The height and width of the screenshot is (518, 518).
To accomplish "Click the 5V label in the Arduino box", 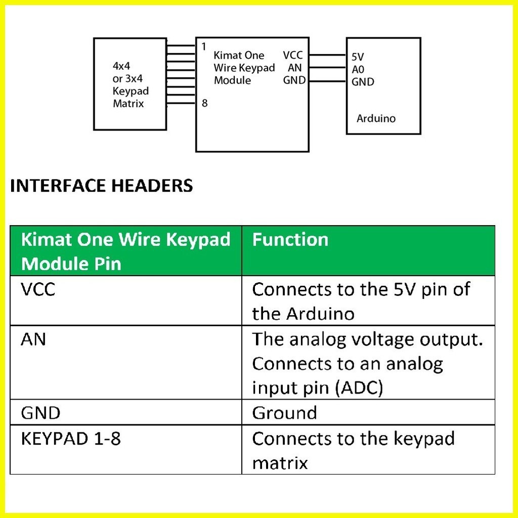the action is pos(358,57).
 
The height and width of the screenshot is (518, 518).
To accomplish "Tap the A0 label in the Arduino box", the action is pos(358,69).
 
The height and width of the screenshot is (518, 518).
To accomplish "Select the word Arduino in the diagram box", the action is pos(376,118).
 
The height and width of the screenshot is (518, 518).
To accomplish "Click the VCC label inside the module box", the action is pos(293,55).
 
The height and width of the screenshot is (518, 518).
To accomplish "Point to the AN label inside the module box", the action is pos(295,68).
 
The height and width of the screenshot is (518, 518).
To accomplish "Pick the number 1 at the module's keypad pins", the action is pos(204,47).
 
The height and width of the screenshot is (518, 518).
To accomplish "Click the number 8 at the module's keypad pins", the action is pos(204,103).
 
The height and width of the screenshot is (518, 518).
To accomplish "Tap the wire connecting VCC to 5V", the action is pos(328,55).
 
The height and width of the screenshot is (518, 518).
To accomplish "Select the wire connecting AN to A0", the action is pos(328,68).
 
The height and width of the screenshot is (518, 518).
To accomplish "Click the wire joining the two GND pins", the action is pos(328,80).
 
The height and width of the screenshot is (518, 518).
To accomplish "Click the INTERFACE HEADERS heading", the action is pos(101,185).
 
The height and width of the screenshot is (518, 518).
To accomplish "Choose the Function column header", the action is pos(290,239).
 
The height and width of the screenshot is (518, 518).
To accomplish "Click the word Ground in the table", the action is pos(284,413).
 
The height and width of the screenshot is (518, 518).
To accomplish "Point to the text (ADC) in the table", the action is pos(359,388).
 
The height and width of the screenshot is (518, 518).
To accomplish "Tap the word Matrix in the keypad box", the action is pos(128,104).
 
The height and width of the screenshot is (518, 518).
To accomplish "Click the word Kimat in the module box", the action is pos(226,55).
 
